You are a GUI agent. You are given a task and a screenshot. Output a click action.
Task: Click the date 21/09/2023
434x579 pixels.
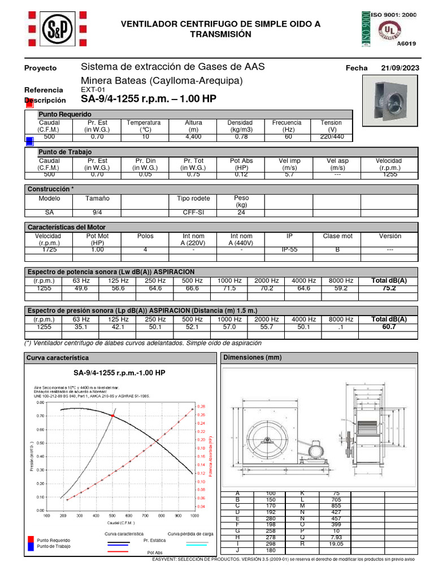[400, 68]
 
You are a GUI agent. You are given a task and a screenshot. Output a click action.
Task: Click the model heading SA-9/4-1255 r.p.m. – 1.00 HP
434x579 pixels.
[149, 99]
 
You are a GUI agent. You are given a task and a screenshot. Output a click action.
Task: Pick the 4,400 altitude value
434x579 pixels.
[193, 137]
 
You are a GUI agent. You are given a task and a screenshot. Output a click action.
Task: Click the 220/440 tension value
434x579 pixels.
[331, 137]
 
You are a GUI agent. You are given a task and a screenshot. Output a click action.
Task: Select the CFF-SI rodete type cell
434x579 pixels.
[193, 213]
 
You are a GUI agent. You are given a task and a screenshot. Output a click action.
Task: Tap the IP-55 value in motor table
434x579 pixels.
[289, 249]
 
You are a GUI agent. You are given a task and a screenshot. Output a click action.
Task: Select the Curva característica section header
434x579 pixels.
[58, 358]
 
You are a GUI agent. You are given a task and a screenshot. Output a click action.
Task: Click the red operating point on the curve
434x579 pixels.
[112, 416]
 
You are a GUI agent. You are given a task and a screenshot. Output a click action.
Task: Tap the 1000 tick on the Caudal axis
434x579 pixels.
[194, 516]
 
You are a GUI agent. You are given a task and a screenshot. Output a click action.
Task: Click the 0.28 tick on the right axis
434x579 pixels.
[202, 407]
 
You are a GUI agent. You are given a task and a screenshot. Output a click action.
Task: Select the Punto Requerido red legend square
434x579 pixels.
[31, 540]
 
